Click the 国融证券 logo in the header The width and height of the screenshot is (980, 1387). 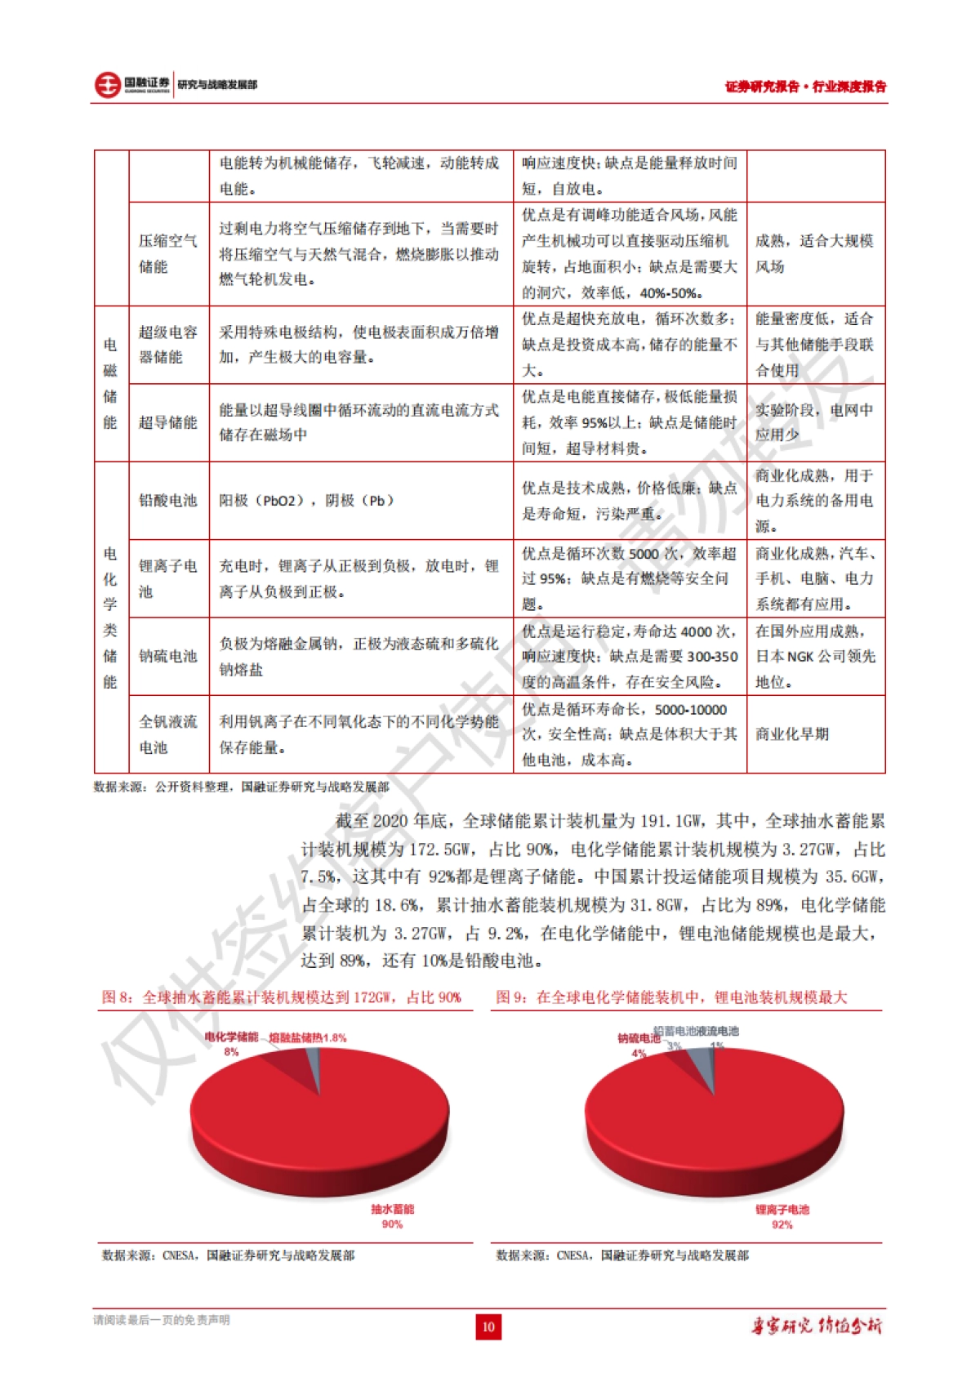coord(131,84)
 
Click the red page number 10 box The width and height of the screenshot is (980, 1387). coord(488,1326)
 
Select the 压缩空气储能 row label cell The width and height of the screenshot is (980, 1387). coord(168,253)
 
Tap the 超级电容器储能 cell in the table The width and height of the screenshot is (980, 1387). coord(168,344)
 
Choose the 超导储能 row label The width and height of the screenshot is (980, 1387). coord(168,422)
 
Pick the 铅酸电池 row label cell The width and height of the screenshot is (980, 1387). coord(168,500)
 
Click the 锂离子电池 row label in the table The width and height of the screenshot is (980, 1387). coord(168,578)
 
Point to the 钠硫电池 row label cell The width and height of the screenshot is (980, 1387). coord(168,656)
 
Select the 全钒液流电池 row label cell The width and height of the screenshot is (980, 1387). coord(168,734)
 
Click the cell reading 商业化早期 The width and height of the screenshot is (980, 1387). coord(792,734)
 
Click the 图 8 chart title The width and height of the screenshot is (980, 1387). coord(282,997)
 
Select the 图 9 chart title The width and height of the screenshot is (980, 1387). coord(671,997)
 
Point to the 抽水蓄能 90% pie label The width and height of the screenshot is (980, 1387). coord(392,1215)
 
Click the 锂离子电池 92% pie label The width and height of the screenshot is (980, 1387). coord(782,1216)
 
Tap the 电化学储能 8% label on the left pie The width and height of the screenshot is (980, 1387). coord(232,1043)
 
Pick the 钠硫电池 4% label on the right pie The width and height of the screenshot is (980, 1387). coord(639,1045)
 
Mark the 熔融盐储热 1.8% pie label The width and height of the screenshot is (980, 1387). coord(308,1037)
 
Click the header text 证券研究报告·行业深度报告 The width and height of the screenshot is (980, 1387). coord(805,87)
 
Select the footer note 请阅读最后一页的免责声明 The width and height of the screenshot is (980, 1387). coord(162,1320)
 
